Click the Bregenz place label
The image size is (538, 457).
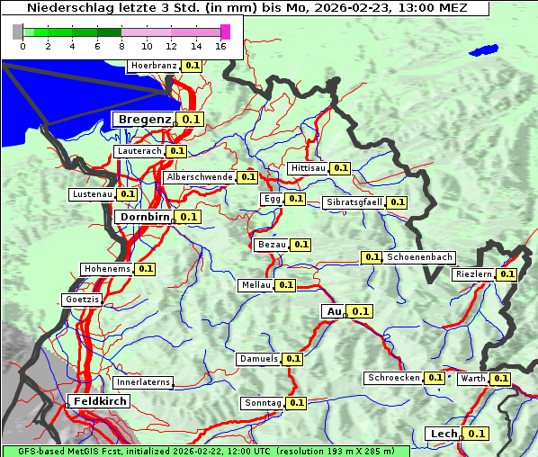143,119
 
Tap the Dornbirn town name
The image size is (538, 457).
143,217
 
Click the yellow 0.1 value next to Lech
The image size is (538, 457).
476,434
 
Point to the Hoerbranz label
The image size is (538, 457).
154,66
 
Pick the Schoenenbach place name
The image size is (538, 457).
419,257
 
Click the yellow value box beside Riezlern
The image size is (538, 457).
507,273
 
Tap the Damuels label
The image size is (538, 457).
258,359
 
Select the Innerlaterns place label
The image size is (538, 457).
143,382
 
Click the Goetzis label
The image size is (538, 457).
82,299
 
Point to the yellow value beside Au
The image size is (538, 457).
360,311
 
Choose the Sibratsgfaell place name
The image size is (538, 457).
354,202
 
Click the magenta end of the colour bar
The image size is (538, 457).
225,31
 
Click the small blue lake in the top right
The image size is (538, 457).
483,50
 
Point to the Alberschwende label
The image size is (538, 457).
200,177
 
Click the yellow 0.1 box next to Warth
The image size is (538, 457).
500,379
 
